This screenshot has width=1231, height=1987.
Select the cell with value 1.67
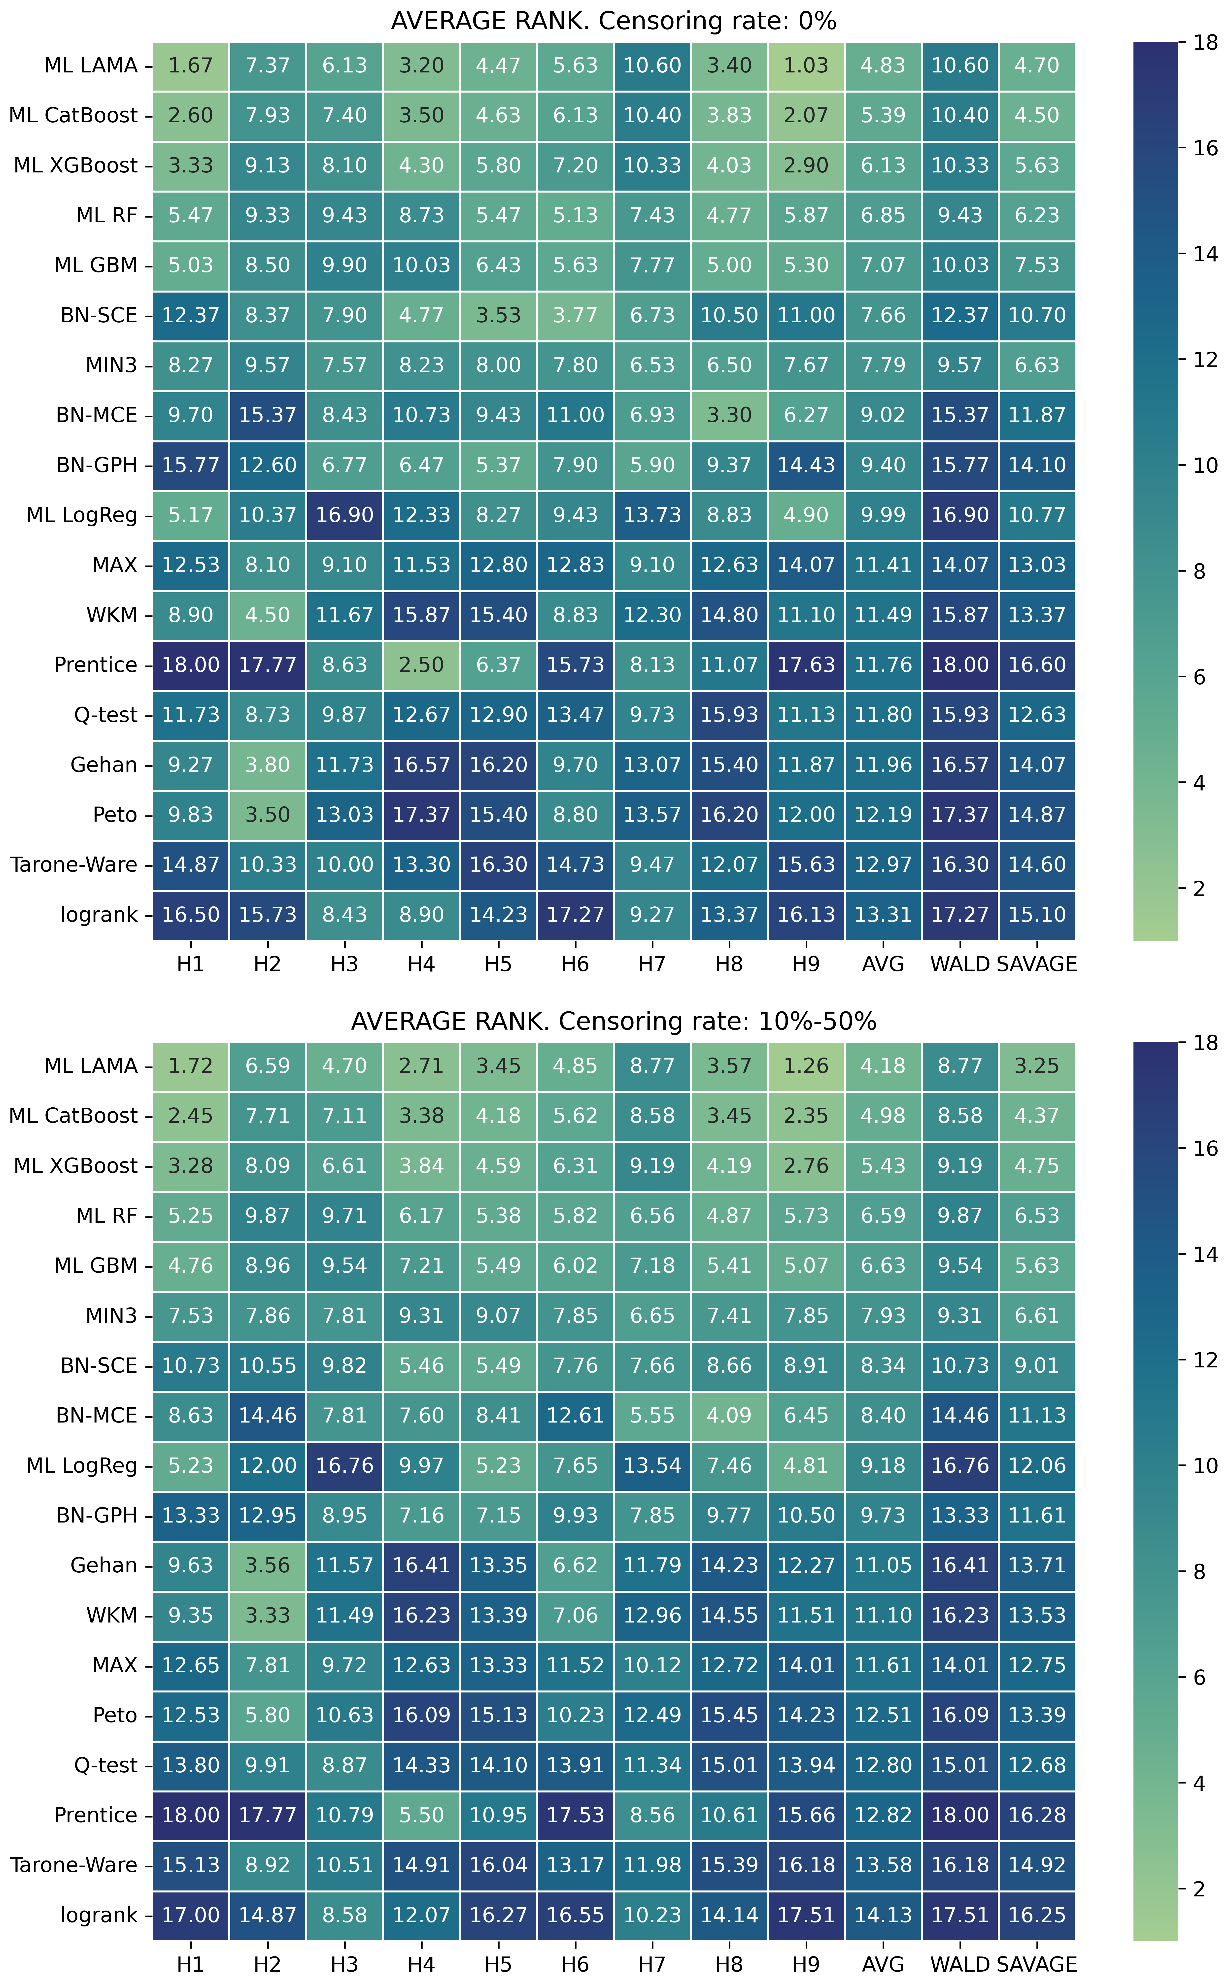[191, 65]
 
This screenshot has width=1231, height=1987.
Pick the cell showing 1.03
[806, 65]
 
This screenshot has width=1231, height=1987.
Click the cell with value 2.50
[421, 665]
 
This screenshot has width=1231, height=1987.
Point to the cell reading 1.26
[806, 1065]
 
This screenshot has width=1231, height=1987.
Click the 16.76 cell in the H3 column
[344, 1465]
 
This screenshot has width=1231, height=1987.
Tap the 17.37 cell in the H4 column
[421, 815]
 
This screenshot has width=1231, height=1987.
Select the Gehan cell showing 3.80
[267, 765]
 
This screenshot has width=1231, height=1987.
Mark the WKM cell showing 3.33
[267, 1615]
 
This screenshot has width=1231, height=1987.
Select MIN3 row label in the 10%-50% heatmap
[111, 1315]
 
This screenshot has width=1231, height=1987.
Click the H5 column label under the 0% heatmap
[498, 965]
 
